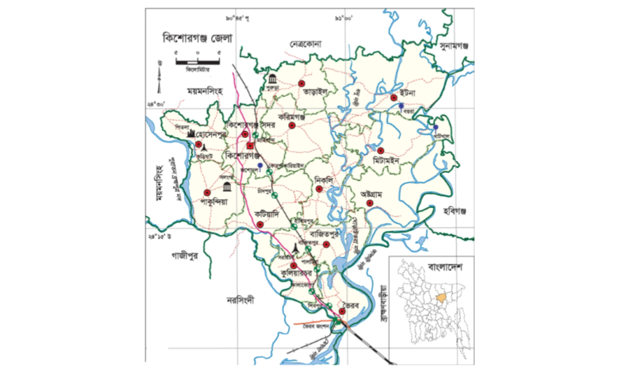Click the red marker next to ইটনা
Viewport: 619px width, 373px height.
click(394, 98)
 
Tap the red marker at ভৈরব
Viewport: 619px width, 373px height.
click(343, 312)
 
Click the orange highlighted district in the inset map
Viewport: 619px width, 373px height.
click(436, 298)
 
